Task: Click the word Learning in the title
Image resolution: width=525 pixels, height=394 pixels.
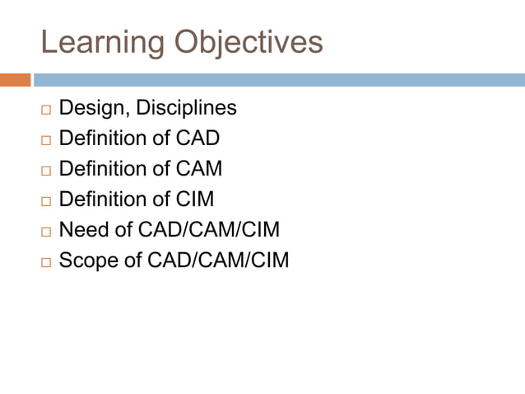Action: coord(92,43)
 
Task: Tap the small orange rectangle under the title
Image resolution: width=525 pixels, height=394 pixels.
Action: coord(15,80)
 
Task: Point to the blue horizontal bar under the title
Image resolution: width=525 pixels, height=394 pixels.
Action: coord(278,80)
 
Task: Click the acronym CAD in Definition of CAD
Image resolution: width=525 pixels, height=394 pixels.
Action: coord(197,138)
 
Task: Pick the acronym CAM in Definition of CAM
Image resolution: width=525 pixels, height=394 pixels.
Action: coord(199,169)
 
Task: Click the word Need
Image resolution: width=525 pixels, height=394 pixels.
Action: coord(82,230)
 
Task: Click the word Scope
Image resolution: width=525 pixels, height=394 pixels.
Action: coord(87,260)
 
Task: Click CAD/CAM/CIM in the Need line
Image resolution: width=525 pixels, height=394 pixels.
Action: coord(209,230)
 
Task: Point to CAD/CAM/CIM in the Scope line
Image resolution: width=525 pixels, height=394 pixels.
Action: coord(218,260)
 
